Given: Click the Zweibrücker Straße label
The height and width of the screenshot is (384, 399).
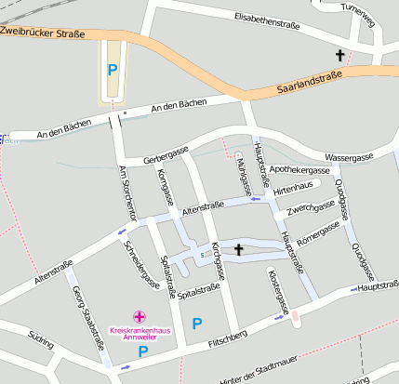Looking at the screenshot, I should (43, 33).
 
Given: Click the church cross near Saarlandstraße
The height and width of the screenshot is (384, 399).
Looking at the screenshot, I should (339, 56).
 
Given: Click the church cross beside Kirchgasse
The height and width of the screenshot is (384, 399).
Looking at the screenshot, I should (239, 249).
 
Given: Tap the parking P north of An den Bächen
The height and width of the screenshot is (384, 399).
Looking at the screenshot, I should (113, 69).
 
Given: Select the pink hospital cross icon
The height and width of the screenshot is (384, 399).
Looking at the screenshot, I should (140, 316).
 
